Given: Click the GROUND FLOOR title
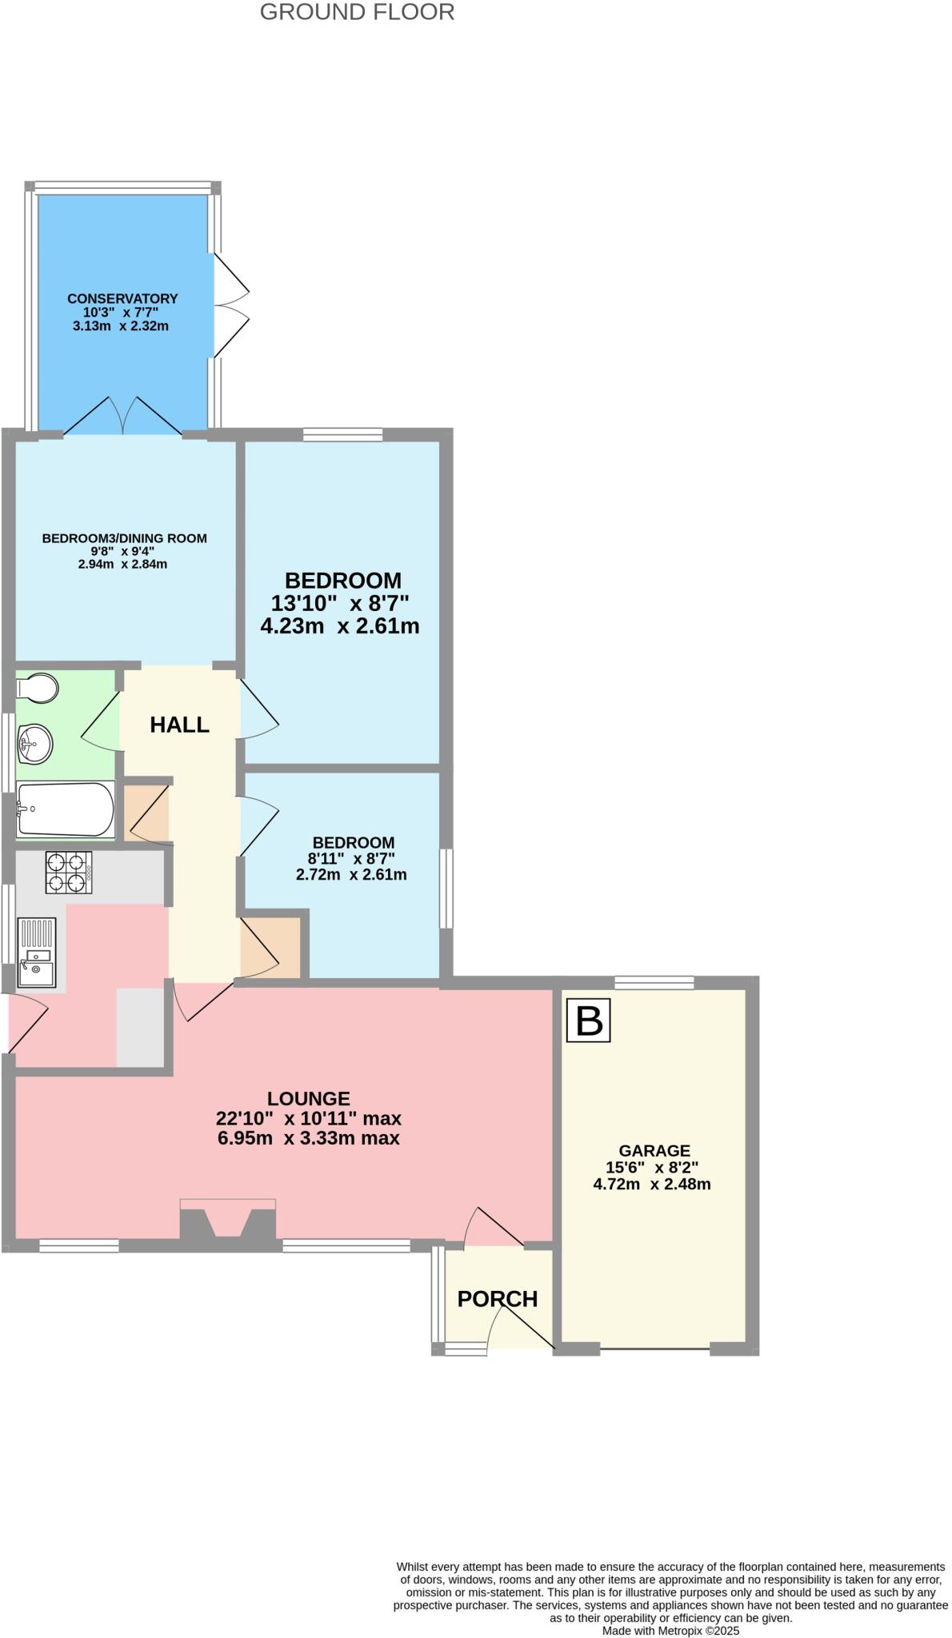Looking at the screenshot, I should (x=357, y=12).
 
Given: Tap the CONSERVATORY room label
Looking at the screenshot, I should (x=122, y=298).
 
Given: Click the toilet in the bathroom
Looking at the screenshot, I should (x=38, y=688).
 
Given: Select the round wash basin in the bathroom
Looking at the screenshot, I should (x=34, y=744).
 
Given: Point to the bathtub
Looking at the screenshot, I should (x=66, y=809).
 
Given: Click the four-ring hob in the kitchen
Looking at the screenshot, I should (x=67, y=872).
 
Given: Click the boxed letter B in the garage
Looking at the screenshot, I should (x=588, y=1021).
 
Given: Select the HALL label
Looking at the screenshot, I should (x=180, y=725).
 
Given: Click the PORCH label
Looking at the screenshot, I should (x=498, y=1299).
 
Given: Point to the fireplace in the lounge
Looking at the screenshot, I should (x=228, y=1221).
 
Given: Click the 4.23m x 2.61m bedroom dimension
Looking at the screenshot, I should (x=340, y=626).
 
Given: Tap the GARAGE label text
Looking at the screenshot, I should (x=654, y=1151).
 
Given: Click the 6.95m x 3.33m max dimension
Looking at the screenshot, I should (x=309, y=1138).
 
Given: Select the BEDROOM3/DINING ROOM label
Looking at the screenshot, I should (x=125, y=538).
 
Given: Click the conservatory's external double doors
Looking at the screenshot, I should (x=230, y=306).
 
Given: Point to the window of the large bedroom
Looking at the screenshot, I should (x=342, y=435).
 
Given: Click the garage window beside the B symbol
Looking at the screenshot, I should (x=654, y=983).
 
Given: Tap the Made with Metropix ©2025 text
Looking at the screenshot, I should (x=670, y=1630).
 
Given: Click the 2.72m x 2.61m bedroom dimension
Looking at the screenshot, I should (x=351, y=875).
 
